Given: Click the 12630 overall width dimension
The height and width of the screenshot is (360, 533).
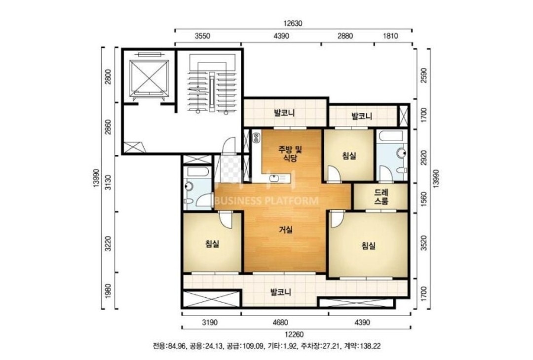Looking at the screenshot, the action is point(293,24).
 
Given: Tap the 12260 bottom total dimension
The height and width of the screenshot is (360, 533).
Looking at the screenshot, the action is point(294,335).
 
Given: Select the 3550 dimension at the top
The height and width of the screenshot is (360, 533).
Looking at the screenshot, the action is point(203,36).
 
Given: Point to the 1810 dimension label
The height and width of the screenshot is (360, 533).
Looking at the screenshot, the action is point(390,36).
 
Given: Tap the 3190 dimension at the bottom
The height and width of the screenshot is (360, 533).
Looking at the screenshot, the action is point(209,322).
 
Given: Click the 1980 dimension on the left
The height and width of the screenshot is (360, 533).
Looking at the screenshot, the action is point(108,290).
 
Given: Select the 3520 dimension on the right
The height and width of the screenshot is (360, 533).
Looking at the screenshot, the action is point(424,243).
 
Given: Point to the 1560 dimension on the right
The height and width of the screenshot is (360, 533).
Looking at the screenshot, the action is point(424,198).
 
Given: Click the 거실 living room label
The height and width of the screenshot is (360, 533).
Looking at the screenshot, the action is point(286,230).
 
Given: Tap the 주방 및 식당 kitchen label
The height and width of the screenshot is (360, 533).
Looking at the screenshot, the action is point(290,154).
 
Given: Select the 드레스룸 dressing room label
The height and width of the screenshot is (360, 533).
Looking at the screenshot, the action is point(381,197).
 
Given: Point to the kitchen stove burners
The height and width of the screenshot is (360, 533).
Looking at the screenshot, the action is point(256,137).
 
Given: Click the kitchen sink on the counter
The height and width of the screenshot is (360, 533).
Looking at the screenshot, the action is point(276,178).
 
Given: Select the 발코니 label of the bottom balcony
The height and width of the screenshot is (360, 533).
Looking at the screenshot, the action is point(280,292).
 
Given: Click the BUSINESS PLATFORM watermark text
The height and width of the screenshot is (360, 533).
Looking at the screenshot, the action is point(267,201).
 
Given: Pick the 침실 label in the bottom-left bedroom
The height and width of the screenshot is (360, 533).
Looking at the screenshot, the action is point(212,244).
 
